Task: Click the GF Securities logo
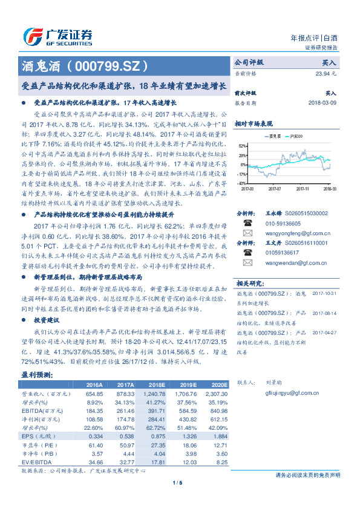57,36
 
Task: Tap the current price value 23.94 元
324,73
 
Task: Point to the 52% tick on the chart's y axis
242,147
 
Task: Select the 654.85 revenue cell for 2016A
93,393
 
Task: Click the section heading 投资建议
47,319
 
